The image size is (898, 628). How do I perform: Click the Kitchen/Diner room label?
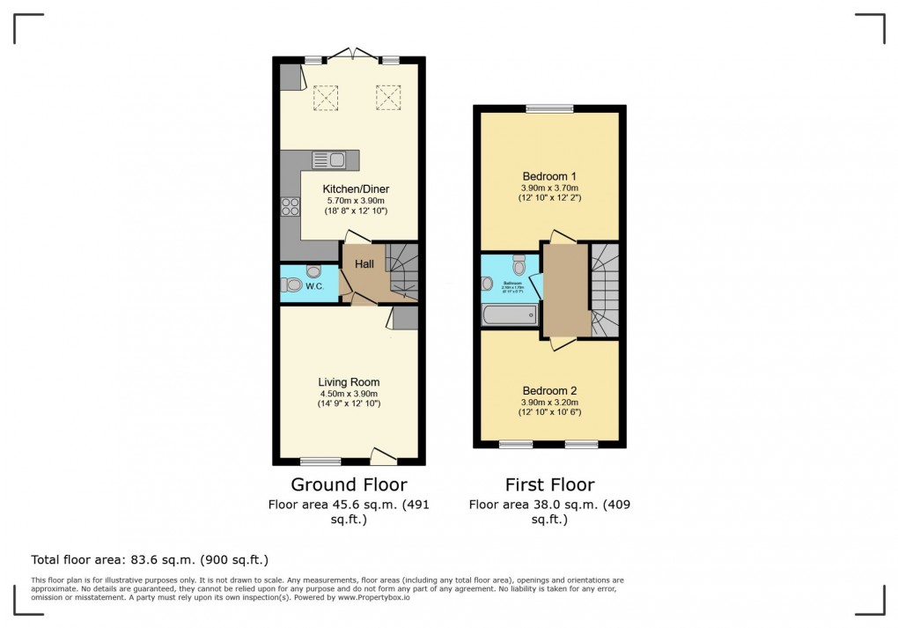[x=356, y=189]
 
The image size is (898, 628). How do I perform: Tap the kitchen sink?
[x=328, y=159]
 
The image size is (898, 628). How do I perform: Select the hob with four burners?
[x=290, y=206]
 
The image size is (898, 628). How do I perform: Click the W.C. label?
[x=324, y=284]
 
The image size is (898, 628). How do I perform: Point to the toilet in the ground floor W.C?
[x=293, y=284]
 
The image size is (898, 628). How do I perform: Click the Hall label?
[x=365, y=264]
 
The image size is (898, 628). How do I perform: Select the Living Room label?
[x=349, y=382]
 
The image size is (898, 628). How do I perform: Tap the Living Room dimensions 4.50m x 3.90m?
[x=349, y=394]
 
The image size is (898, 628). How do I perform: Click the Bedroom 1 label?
[x=549, y=176]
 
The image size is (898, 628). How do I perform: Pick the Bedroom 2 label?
[x=549, y=391]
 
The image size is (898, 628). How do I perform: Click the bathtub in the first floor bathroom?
[x=510, y=314]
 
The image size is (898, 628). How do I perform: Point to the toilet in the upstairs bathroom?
[x=519, y=264]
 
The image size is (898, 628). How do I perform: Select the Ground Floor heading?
[x=349, y=484]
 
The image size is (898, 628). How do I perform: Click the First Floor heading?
[x=549, y=484]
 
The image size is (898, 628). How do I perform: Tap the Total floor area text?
[x=150, y=559]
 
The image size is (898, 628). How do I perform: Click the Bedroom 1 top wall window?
[x=549, y=108]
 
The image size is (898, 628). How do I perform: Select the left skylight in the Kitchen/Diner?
[x=326, y=97]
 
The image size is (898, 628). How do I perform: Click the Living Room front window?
[x=320, y=461]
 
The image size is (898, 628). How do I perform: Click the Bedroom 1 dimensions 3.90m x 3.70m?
[x=549, y=188]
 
